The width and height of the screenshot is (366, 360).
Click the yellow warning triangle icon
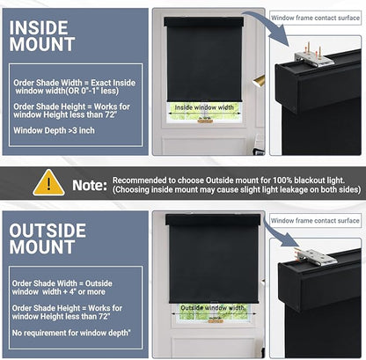pos(48,183)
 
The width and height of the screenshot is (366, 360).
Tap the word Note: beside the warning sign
pos(90,185)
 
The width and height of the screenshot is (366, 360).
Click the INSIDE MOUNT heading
pos(42,36)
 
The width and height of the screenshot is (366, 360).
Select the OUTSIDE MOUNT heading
pos(48,239)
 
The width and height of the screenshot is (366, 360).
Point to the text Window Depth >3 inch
pos(54,130)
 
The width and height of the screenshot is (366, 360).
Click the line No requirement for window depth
pos(71,333)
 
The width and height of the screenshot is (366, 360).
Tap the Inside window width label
pos(204,107)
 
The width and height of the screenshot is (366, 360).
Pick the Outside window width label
pos(212,308)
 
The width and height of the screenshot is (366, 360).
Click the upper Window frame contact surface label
pos(315,18)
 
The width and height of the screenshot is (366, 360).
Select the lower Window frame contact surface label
pos(315,221)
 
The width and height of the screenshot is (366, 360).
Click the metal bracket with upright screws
pos(314,55)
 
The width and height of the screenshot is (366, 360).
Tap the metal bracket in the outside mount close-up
pos(315,256)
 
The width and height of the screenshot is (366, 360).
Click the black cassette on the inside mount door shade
pos(204,22)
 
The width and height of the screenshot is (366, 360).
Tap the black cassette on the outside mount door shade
pos(213,219)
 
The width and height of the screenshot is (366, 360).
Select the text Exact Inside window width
pos(75,87)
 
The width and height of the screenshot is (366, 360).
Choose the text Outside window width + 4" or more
pos(62,288)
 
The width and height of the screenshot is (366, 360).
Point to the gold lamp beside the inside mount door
pos(259,81)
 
